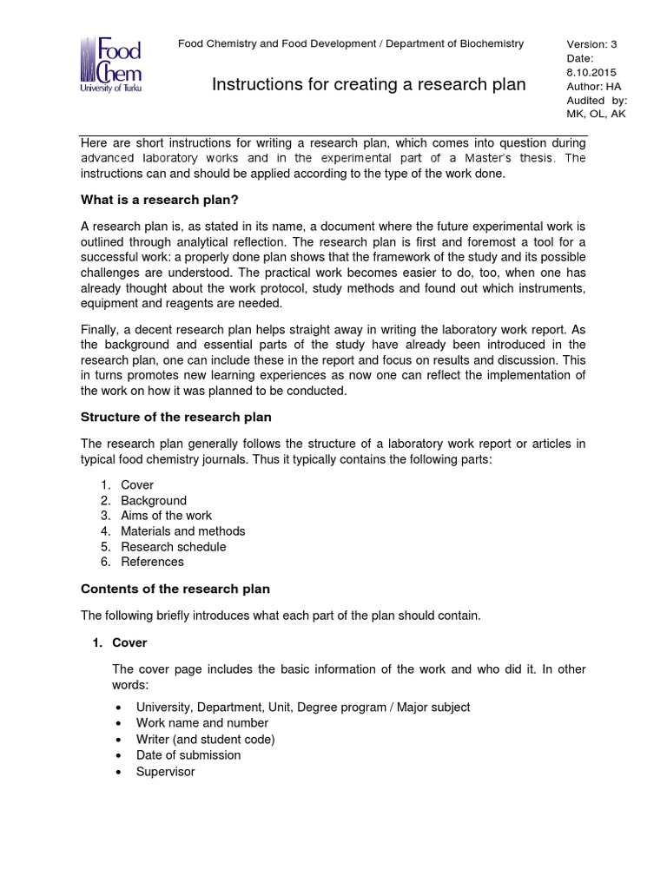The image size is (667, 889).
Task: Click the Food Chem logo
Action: click(x=110, y=65)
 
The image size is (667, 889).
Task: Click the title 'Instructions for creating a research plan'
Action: click(x=369, y=84)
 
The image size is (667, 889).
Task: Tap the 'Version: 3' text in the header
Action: click(x=591, y=44)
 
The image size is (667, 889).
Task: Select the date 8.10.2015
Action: click(x=591, y=72)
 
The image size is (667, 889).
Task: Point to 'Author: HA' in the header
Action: click(x=594, y=86)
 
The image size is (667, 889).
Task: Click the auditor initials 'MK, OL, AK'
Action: click(x=596, y=114)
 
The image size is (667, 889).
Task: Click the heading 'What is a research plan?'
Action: click(x=159, y=200)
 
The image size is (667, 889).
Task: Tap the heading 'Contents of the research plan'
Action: click(x=175, y=589)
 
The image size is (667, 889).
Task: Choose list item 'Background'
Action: click(x=154, y=501)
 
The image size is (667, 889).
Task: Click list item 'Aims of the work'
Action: click(x=166, y=516)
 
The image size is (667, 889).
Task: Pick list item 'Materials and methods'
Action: click(x=182, y=531)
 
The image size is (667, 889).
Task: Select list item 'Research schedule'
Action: click(x=173, y=547)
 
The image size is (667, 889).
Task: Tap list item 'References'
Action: click(x=152, y=562)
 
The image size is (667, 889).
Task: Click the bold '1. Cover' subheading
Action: click(x=129, y=643)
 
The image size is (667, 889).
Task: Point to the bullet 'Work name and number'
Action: click(x=202, y=723)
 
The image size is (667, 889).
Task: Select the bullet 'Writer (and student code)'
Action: click(x=205, y=740)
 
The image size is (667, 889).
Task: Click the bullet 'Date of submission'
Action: click(x=188, y=755)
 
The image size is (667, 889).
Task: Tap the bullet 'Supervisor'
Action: click(x=166, y=772)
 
